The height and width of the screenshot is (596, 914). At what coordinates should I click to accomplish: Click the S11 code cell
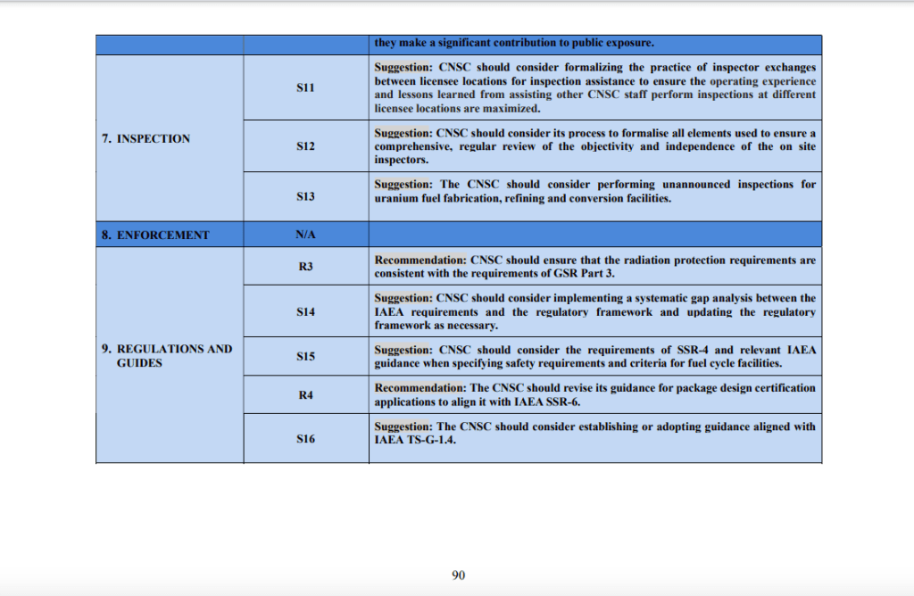click(x=305, y=88)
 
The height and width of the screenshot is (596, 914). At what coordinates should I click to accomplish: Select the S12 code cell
click(x=305, y=145)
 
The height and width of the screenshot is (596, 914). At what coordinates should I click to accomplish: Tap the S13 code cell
click(x=305, y=196)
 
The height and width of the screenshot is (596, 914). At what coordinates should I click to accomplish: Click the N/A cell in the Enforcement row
click(x=305, y=235)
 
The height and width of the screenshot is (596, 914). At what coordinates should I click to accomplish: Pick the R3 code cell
click(x=305, y=267)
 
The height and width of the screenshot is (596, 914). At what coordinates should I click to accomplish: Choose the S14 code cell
click(x=305, y=312)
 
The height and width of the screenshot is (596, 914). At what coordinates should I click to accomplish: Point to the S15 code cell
click(x=305, y=356)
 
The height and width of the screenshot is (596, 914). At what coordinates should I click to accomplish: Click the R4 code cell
click(x=305, y=395)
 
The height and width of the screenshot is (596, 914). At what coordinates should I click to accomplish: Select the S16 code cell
click(x=305, y=439)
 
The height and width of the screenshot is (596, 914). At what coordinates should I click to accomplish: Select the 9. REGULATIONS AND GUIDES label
click(x=167, y=356)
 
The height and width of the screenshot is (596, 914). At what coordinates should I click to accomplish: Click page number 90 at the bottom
click(x=458, y=575)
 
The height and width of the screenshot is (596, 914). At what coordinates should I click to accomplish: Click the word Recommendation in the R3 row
click(x=420, y=261)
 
